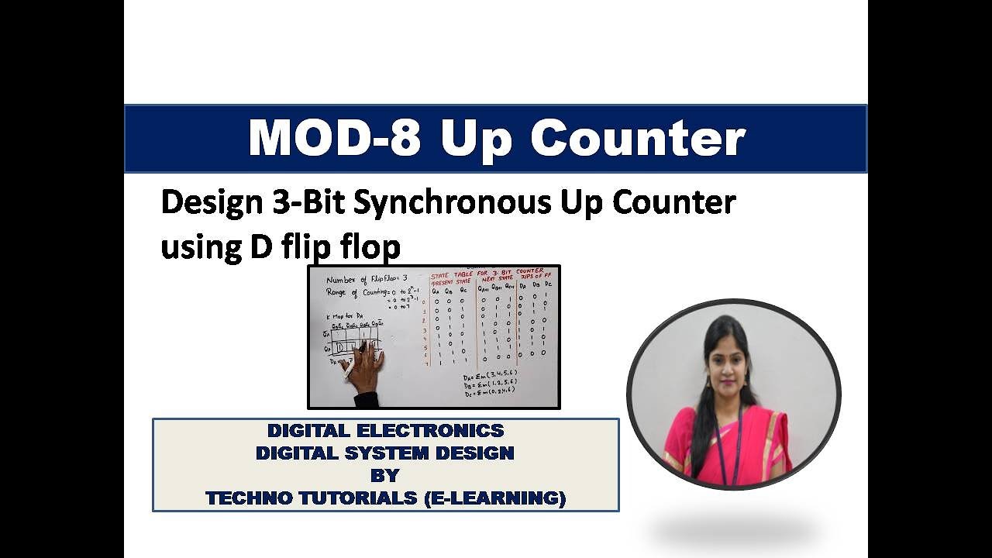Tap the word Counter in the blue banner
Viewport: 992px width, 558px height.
pyautogui.click(x=638, y=138)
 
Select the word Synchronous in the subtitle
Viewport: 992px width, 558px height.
pyautogui.click(x=452, y=202)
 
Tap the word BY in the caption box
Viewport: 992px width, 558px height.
pyautogui.click(x=385, y=475)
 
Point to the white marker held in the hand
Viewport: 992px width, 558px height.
pyautogui.click(x=346, y=374)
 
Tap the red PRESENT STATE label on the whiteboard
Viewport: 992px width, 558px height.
pyautogui.click(x=453, y=282)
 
